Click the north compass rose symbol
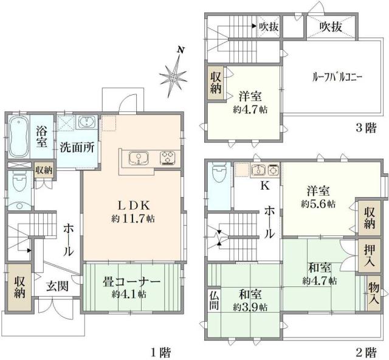[x=174, y=75]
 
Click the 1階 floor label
[x=160, y=351]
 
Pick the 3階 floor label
[x=366, y=128]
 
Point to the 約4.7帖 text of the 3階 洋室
[x=250, y=110]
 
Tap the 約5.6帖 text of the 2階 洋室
[x=318, y=204]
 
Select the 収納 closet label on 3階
[x=216, y=83]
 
